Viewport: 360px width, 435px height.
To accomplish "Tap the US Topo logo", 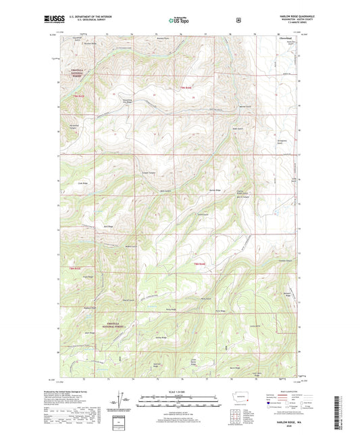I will (x=180, y=20).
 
